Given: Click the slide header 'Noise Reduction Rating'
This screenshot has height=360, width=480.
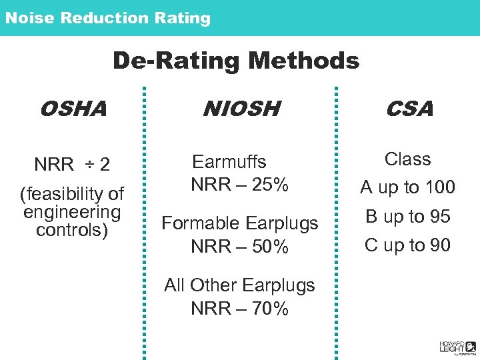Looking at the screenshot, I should pyautogui.click(x=108, y=18).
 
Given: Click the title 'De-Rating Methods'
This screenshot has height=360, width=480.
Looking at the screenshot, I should pyautogui.click(x=236, y=61).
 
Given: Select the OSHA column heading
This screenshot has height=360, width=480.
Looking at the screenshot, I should pyautogui.click(x=73, y=109).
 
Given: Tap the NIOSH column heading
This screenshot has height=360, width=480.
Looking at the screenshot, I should pyautogui.click(x=241, y=109).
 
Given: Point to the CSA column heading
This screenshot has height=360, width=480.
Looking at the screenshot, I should pyautogui.click(x=409, y=109).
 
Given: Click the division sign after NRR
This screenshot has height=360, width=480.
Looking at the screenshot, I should pyautogui.click(x=88, y=164).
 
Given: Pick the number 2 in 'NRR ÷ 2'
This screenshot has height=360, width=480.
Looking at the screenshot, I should pyautogui.click(x=105, y=164).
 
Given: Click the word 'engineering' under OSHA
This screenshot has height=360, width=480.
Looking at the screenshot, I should pyautogui.click(x=72, y=212).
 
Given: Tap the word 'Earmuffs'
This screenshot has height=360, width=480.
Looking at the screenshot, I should pyautogui.click(x=229, y=162).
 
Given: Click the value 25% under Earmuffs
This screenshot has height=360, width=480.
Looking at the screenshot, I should pyautogui.click(x=270, y=185).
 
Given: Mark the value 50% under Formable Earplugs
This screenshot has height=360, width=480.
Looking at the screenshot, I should pyautogui.click(x=270, y=247).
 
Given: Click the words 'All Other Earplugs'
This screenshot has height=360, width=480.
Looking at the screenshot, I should pyautogui.click(x=239, y=285).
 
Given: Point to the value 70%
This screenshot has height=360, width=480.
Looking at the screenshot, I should pyautogui.click(x=270, y=309).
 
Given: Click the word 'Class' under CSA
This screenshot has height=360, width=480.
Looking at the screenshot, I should pyautogui.click(x=407, y=159).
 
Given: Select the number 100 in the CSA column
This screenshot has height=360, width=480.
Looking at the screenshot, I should pyautogui.click(x=439, y=188).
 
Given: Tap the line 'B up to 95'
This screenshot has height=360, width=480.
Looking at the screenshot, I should pyautogui.click(x=407, y=217).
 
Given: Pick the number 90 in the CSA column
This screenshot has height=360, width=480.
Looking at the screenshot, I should pyautogui.click(x=439, y=245).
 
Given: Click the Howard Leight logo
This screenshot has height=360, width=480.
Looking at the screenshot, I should pyautogui.click(x=457, y=346).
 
